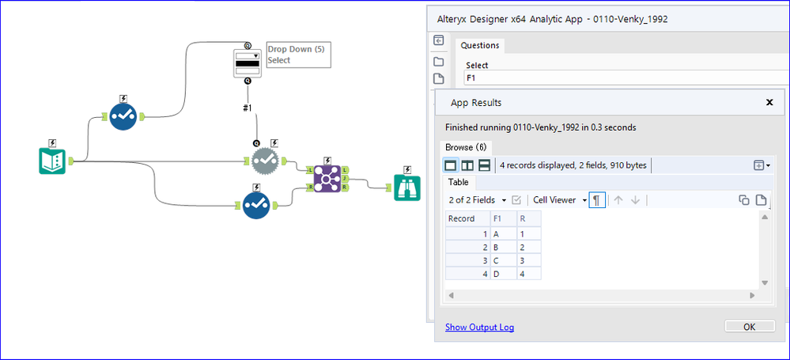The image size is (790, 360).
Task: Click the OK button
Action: [749, 326]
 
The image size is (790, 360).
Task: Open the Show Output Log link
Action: [480, 328]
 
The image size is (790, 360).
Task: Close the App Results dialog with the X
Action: [769, 102]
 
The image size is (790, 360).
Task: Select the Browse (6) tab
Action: [466, 148]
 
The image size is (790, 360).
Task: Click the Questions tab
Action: [480, 45]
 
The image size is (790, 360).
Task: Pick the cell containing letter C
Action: [503, 260]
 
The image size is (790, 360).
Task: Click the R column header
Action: [529, 219]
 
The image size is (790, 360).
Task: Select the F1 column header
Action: [503, 219]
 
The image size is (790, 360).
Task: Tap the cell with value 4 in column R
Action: [529, 273]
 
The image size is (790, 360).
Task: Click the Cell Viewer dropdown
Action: [560, 200]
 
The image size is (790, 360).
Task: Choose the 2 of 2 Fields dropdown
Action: [478, 200]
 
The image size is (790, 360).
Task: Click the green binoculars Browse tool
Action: [407, 188]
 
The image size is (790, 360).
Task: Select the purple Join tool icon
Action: [327, 179]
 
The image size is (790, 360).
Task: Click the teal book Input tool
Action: [52, 161]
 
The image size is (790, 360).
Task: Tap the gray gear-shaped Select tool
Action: [265, 161]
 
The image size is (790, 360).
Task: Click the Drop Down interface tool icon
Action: [248, 63]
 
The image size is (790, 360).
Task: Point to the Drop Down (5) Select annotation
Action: [298, 55]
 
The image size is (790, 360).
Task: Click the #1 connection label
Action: [247, 108]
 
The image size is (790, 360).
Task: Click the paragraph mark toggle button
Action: [596, 200]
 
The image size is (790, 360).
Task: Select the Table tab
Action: [459, 182]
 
